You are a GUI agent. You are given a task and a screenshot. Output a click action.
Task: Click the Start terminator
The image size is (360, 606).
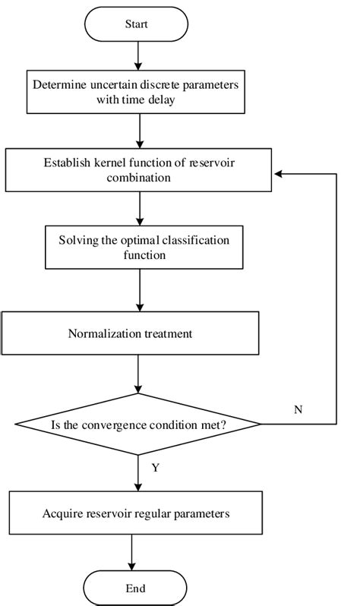coord(135,24)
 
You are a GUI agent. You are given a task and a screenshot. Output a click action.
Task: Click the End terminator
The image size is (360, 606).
coord(135,588)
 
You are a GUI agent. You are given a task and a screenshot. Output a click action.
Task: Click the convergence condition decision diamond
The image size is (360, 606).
coord(138,424)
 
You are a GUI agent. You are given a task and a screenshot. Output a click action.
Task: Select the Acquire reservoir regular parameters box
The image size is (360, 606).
coord(135,513)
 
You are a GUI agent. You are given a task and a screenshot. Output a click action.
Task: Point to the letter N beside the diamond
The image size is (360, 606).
coord(298,409)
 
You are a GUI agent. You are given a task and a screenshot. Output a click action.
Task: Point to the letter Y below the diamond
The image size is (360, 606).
coord(155,468)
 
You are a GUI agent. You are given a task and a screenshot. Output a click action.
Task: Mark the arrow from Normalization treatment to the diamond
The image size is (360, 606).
coord(137,374)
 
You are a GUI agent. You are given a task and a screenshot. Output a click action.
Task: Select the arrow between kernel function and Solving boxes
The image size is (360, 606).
coord(137,207)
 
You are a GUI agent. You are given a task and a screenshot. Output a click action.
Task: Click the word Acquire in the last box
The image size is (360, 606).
coord(62,514)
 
